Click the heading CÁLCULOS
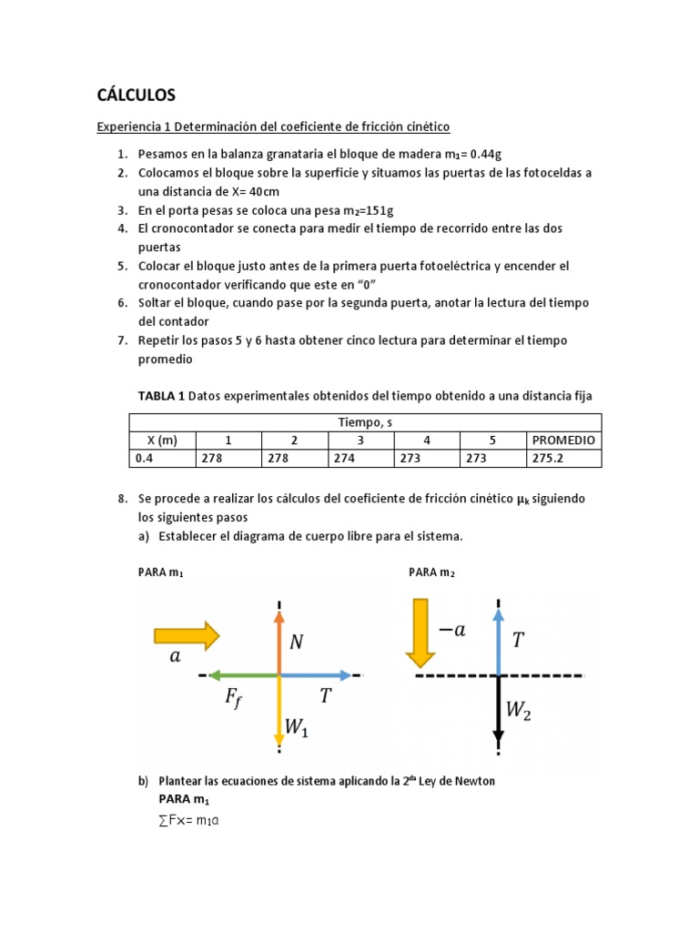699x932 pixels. pos(136,95)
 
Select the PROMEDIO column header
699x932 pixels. pos(563,440)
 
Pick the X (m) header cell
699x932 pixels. pos(162,440)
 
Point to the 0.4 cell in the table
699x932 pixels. pos(144,459)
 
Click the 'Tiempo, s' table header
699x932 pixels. pos(365,421)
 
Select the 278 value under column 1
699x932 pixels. pos(212,459)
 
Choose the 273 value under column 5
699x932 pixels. pos(476,459)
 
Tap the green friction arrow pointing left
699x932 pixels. pos(242,675)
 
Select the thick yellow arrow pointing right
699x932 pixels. pos(187,634)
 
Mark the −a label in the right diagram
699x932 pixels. pos(451,631)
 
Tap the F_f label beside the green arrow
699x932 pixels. pos(234,698)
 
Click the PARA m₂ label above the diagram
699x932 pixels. pos(431,572)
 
